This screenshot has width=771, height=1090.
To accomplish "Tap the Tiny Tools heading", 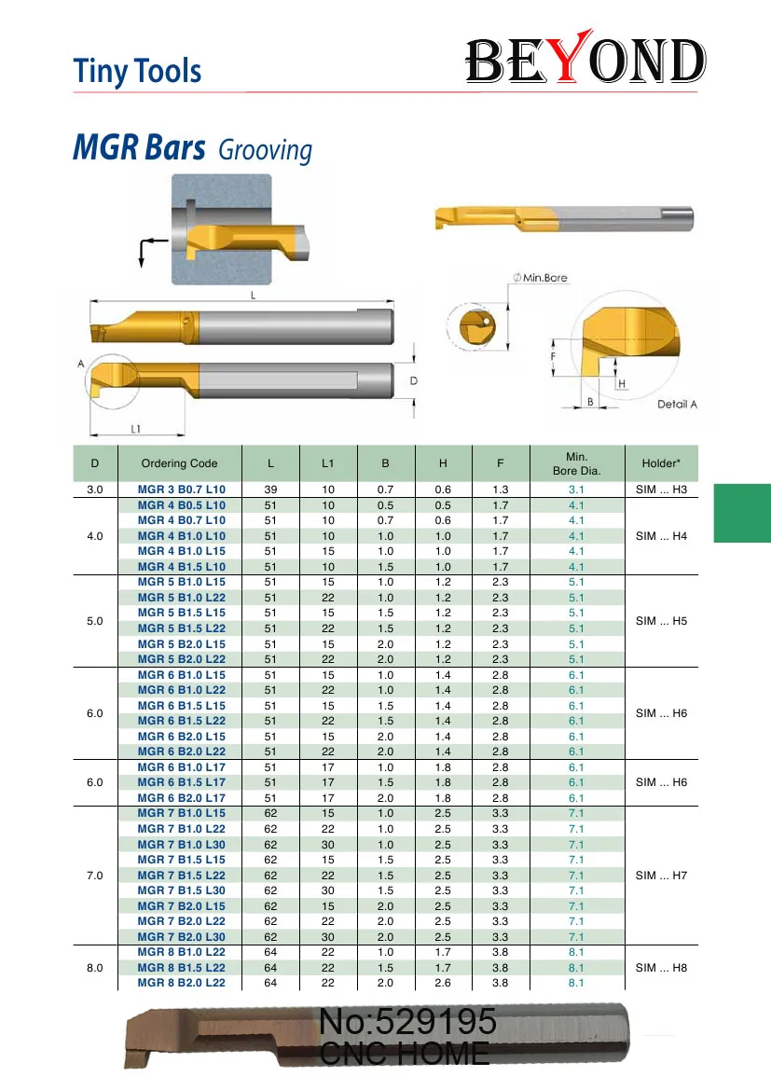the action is tap(137, 71).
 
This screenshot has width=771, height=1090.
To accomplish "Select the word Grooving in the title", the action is tap(265, 150).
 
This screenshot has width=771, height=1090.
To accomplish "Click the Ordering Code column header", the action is tap(179, 463).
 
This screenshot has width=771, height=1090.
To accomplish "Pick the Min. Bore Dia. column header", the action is tap(576, 463).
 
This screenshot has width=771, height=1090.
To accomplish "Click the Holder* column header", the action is tap(660, 463).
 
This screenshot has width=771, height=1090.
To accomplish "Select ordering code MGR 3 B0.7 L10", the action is tap(182, 490).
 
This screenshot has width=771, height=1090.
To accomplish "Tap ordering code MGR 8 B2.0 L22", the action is tap(182, 983).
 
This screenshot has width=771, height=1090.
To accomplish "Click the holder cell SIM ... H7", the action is tap(661, 876).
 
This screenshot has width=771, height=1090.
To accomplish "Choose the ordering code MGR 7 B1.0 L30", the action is tap(182, 845).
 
